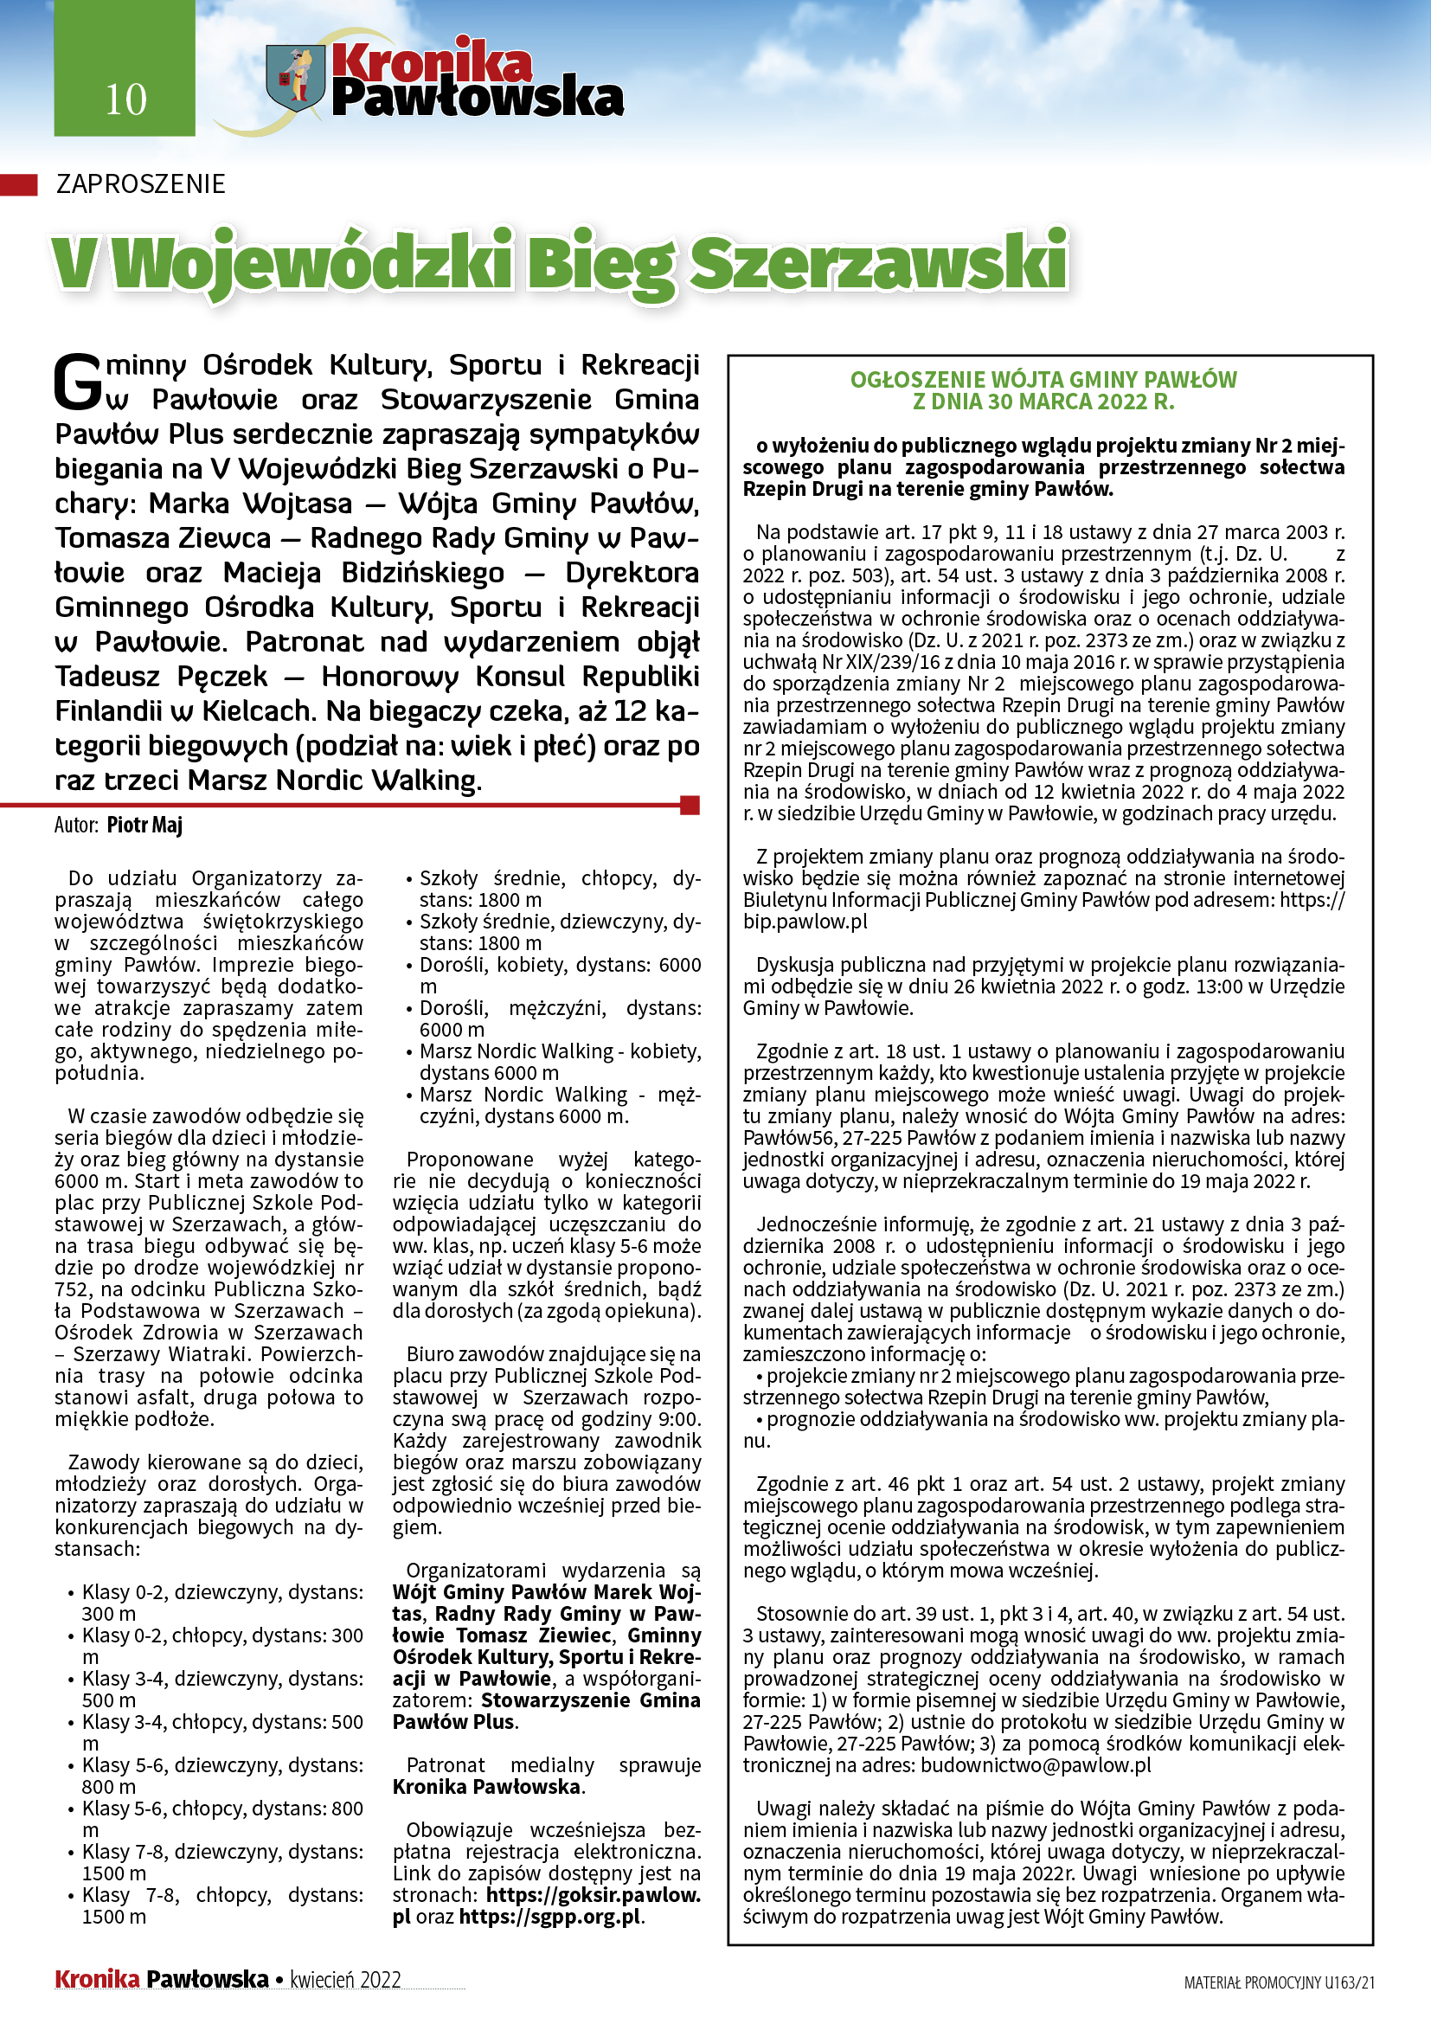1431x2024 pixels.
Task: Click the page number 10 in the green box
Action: pos(125,100)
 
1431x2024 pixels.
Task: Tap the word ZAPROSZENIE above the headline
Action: pos(140,184)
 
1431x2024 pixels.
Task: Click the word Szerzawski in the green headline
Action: pos(877,262)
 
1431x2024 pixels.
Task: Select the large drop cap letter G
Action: pos(79,382)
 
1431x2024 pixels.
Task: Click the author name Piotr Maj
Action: pos(144,826)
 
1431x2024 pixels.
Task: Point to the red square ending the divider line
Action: pos(690,804)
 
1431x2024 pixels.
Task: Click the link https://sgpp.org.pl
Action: pos(551,1917)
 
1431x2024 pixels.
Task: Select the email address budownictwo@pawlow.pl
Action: pos(1036,1764)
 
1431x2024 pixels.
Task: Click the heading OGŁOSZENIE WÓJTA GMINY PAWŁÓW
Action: pos(1043,380)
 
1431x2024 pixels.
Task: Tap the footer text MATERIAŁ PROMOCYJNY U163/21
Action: pos(1279,1982)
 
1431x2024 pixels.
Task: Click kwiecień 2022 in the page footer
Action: pos(345,1980)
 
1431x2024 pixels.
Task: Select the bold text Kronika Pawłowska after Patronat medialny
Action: pos(486,1787)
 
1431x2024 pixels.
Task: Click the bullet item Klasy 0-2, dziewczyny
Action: pos(222,1592)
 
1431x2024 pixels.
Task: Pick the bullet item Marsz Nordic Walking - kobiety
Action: pos(560,1051)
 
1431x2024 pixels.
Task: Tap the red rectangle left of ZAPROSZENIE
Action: pos(18,184)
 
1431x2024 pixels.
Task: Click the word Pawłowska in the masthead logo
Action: pos(477,98)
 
